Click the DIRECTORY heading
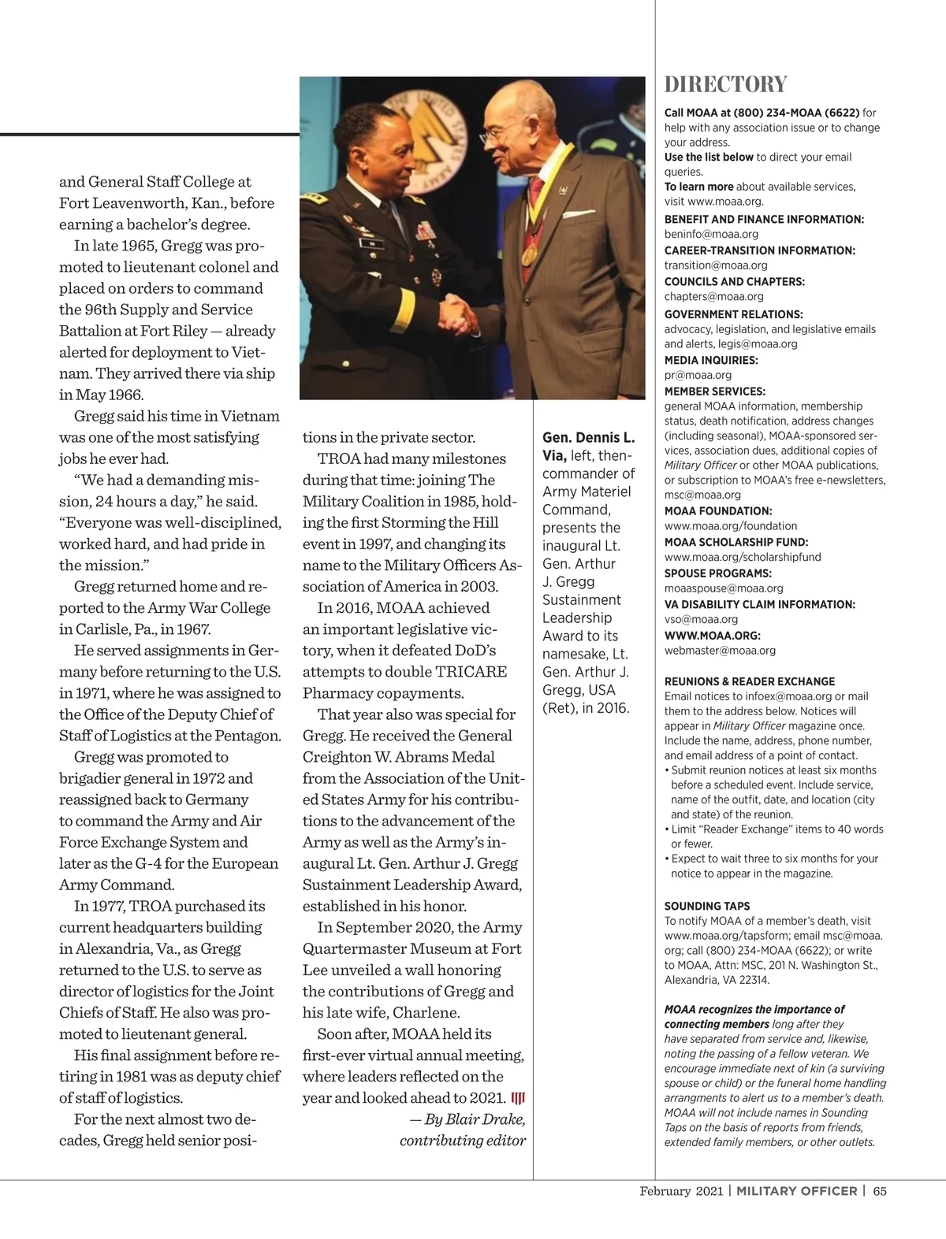[x=725, y=84]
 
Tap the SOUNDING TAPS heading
[x=707, y=906]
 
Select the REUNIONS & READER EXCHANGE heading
[x=749, y=681]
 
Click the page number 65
[x=880, y=1191]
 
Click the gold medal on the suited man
[x=529, y=254]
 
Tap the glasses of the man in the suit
[x=497, y=135]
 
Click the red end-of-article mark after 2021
[x=518, y=1098]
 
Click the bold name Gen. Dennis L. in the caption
[x=587, y=437]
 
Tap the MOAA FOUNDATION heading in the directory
[x=718, y=510]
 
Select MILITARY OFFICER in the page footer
[x=796, y=1191]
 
